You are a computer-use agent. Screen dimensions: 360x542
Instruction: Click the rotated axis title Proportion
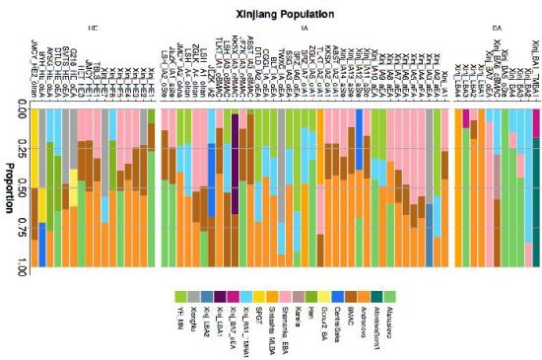(12, 183)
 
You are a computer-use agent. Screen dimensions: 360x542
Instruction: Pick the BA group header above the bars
(495, 31)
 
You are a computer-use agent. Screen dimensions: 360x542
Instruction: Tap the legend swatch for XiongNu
(193, 296)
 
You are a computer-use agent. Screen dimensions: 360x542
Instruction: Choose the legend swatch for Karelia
(295, 296)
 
